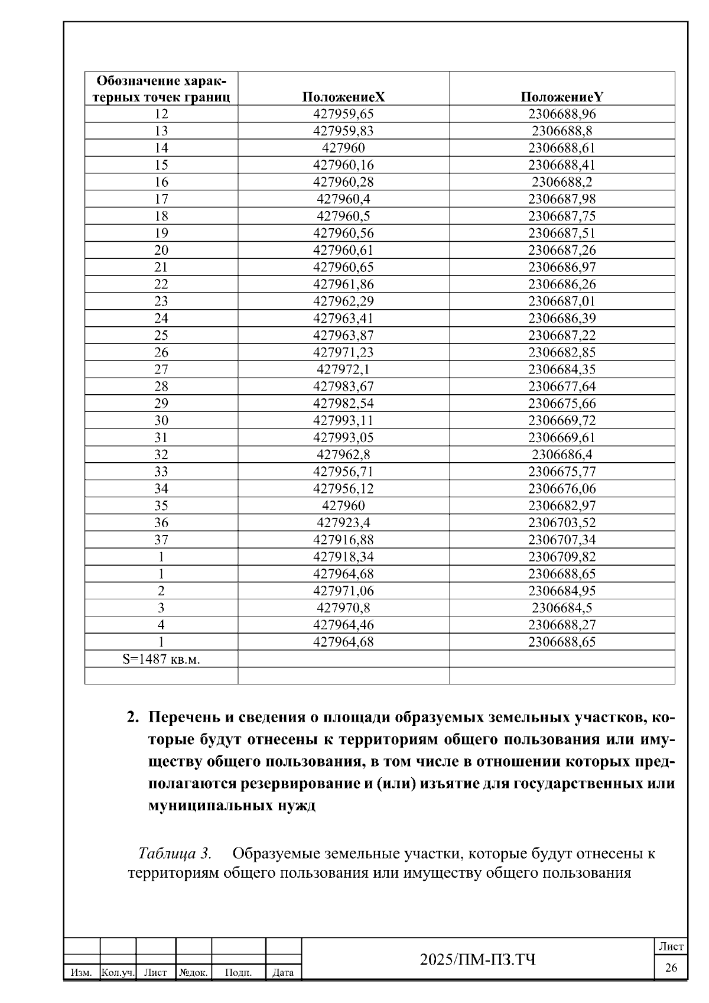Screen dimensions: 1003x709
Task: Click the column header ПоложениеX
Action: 343,98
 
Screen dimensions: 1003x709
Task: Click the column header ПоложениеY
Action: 561,98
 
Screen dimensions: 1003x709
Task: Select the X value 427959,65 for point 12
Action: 343,114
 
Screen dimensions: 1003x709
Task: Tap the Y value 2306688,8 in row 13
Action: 561,131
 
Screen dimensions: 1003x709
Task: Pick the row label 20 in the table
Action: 161,250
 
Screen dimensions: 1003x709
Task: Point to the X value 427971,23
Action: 343,353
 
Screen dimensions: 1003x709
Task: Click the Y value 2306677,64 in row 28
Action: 561,387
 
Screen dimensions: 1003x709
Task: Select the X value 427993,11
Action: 343,421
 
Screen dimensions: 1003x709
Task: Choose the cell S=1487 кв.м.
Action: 161,660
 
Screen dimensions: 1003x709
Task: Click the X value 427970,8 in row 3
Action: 343,608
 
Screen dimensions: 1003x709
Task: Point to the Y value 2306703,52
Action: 561,523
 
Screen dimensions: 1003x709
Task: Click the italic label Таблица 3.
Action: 174,853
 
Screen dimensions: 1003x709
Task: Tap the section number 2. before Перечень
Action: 133,718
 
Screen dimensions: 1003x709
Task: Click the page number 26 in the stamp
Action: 671,968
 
